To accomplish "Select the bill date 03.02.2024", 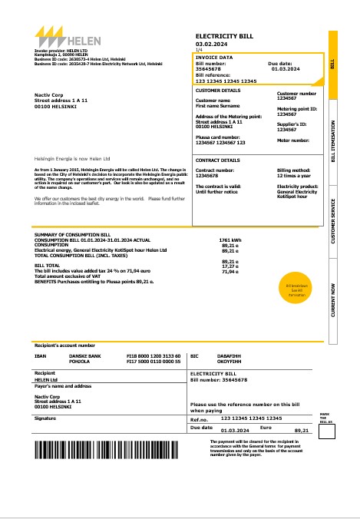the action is pos(211,45).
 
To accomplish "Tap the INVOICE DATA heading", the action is pos(214,57).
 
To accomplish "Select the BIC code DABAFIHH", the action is pos(221,356).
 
